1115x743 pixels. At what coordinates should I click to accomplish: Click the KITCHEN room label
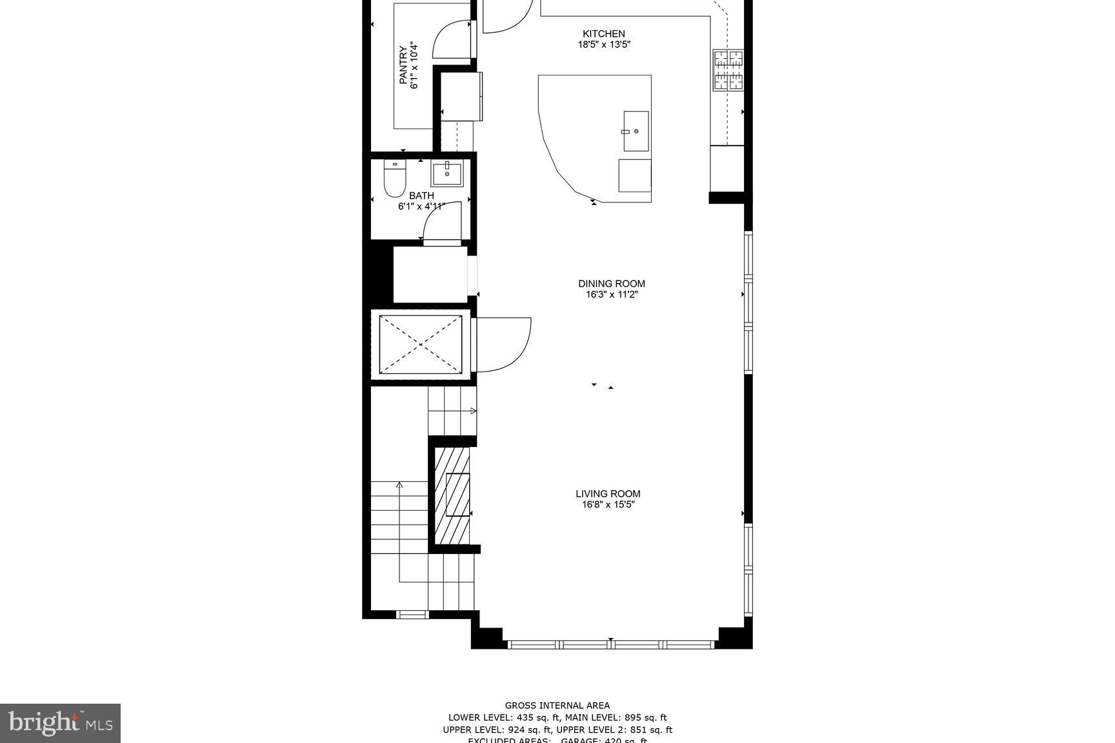603,34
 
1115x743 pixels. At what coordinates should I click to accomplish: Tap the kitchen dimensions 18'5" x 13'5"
603,45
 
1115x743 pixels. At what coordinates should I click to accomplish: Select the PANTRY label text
403,65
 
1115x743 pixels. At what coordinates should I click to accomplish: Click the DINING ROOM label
611,284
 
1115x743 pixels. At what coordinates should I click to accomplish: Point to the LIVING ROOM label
608,494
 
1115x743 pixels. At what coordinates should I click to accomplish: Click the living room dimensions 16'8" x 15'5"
608,505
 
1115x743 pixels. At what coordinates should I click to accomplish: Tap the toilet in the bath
394,179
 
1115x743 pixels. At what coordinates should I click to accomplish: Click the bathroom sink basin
447,174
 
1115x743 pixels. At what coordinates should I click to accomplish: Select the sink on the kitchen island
636,132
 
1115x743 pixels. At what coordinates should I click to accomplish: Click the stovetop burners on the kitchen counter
728,70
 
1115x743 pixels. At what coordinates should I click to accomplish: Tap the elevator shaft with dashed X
421,344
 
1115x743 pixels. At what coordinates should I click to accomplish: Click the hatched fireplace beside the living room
452,495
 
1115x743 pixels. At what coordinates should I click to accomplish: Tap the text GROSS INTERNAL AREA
557,706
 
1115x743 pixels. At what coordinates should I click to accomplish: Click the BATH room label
421,196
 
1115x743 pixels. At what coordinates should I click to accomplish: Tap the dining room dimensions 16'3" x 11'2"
611,295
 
